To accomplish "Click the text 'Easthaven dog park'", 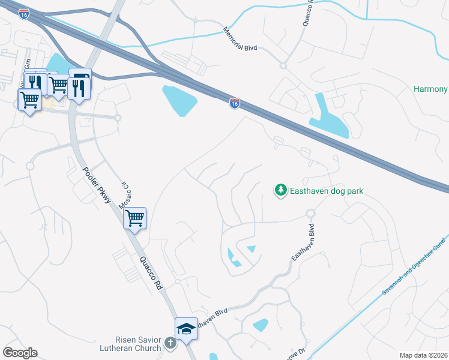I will pyautogui.click(x=327, y=191).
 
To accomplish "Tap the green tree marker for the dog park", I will pyautogui.click(x=280, y=190).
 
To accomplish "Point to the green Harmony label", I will pyautogui.click(x=430, y=89).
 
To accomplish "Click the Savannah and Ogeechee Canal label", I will pyautogui.click(x=415, y=264).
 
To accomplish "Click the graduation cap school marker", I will pyautogui.click(x=186, y=329).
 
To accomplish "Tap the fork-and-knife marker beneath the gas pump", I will pyautogui.click(x=78, y=89).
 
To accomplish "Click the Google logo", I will pyautogui.click(x=20, y=352).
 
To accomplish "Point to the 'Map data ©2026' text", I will pyautogui.click(x=423, y=355).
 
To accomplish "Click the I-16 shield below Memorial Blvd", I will pyautogui.click(x=235, y=104).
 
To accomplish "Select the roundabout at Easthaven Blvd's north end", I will pyautogui.click(x=310, y=214).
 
